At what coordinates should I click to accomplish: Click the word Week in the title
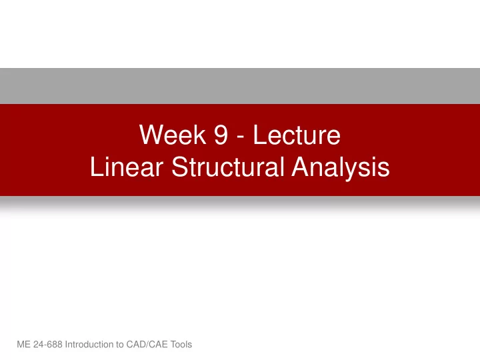coord(173,135)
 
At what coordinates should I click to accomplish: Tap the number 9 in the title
coord(221,135)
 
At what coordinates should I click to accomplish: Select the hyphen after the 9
coord(241,137)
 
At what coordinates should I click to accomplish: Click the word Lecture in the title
coord(297,135)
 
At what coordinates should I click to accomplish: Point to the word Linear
coord(127,167)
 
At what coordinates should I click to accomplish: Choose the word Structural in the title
coord(228,167)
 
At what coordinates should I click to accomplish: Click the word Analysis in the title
coord(341,168)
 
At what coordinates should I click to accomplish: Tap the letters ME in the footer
coord(23,345)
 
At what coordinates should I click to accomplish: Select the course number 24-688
coord(48,345)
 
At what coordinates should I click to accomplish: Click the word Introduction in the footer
coord(89,345)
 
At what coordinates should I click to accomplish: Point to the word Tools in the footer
coord(181,345)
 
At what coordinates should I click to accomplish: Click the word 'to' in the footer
coord(120,345)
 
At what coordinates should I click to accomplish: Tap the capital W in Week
coord(150,135)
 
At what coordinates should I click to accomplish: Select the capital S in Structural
coord(180,167)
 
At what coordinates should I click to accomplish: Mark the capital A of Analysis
coord(301,167)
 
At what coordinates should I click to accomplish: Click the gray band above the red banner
coord(240,86)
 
